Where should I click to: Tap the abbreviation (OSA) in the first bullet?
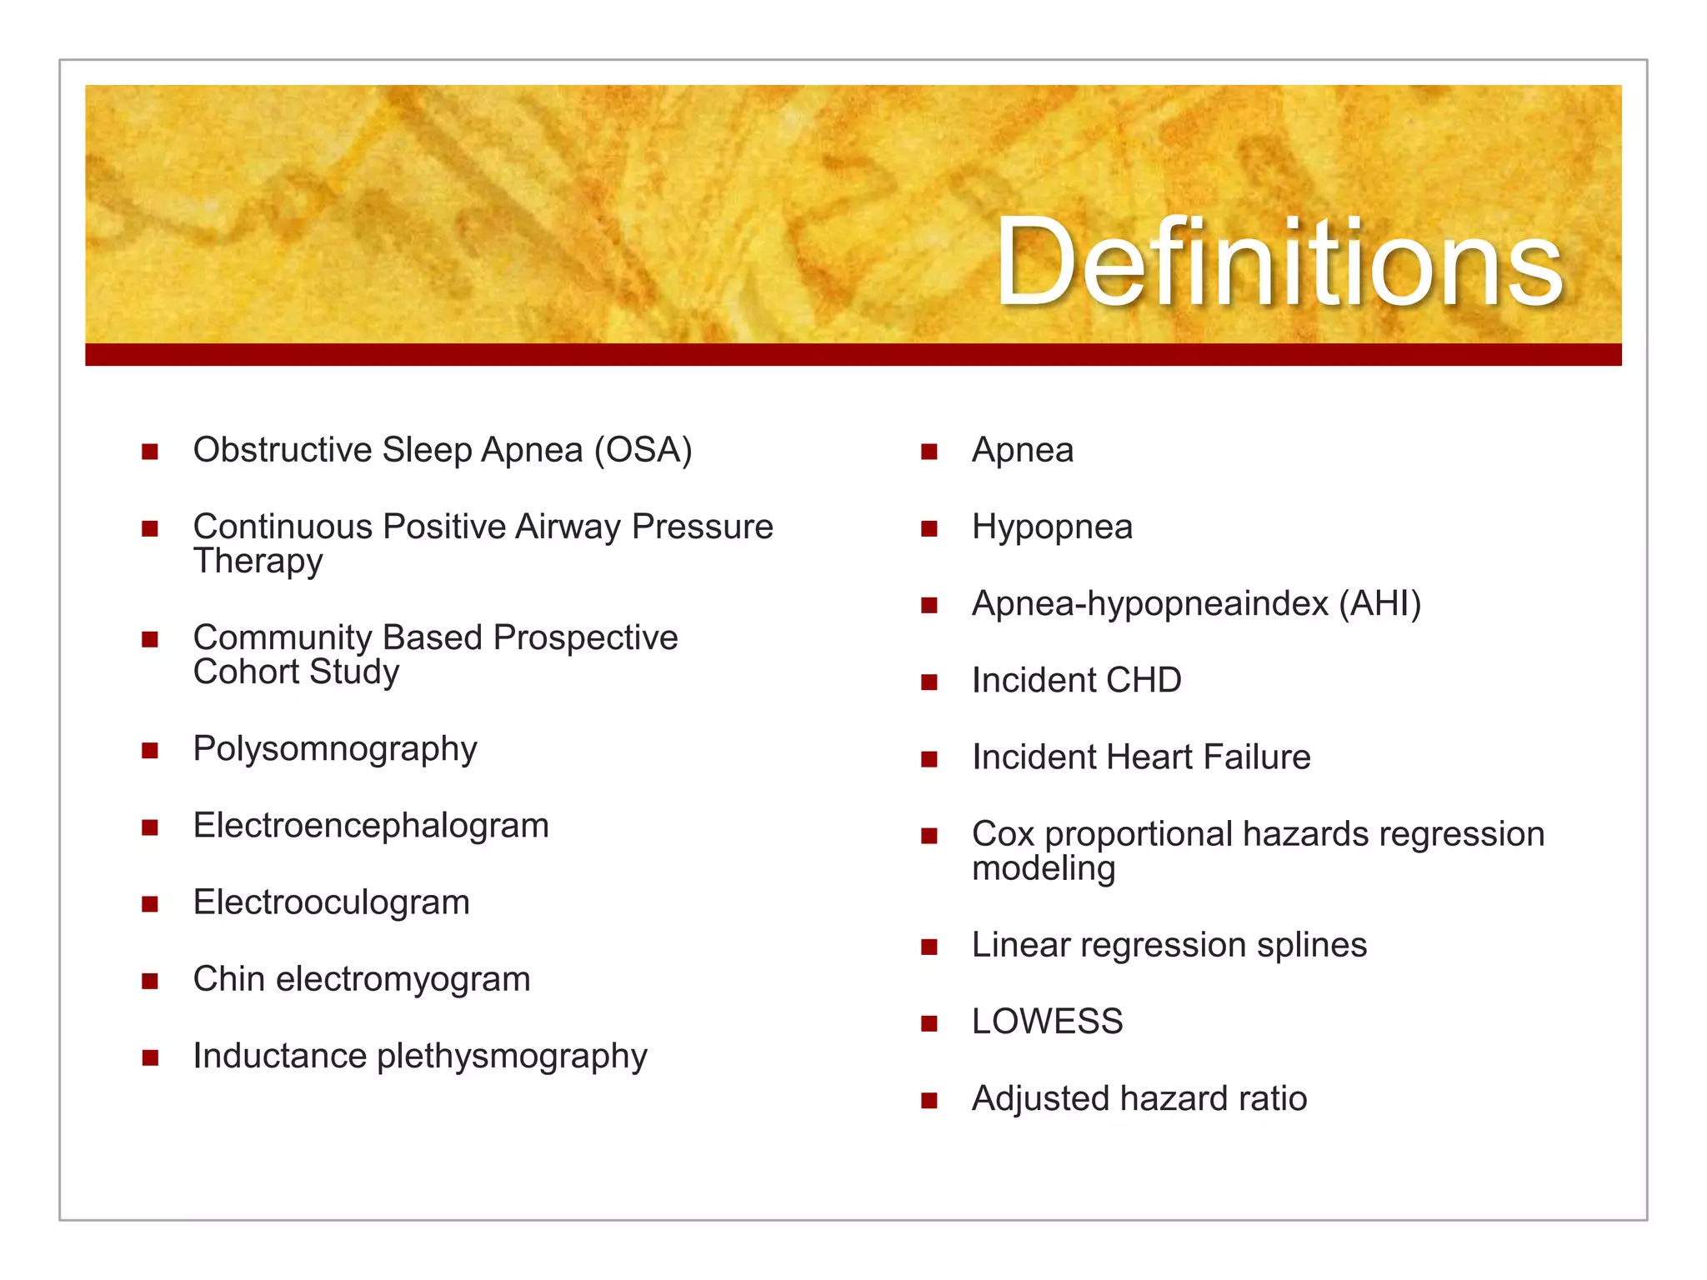pos(643,451)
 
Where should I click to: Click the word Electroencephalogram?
pos(371,826)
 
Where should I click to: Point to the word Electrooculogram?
pos(332,902)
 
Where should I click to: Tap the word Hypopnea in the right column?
pos(1052,527)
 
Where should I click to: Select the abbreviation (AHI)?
pos(1379,604)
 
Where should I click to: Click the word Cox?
pos(1003,834)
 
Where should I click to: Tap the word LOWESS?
pos(1047,1022)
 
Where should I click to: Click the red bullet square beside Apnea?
pos(929,452)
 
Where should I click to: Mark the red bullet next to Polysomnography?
pos(150,751)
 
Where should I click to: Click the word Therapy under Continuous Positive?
pos(258,562)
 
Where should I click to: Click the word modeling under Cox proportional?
pos(1043,869)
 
